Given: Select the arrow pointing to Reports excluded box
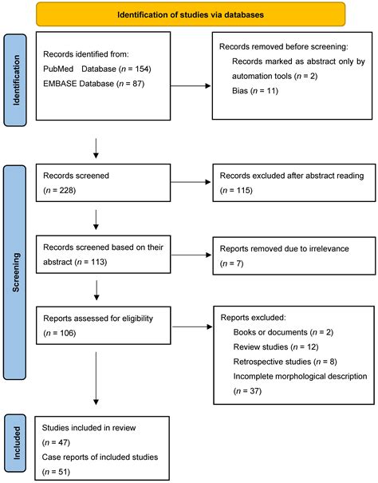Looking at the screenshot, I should [192, 327].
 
